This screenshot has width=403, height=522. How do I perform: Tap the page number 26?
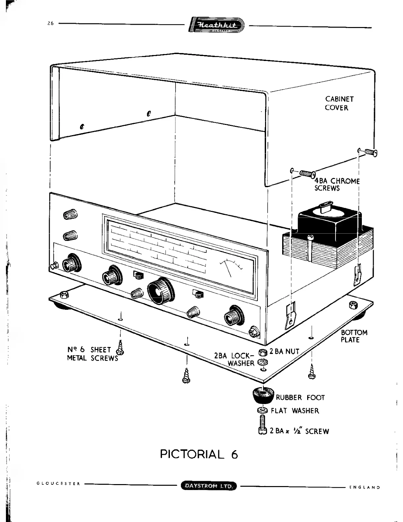[50, 23]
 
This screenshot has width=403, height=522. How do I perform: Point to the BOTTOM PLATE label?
[354, 336]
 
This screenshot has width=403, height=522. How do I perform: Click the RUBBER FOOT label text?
[300, 398]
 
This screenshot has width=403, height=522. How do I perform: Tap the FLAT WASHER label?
[295, 411]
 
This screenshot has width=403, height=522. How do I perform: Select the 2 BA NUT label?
[284, 352]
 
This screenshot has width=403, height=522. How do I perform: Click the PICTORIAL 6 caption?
[199, 454]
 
